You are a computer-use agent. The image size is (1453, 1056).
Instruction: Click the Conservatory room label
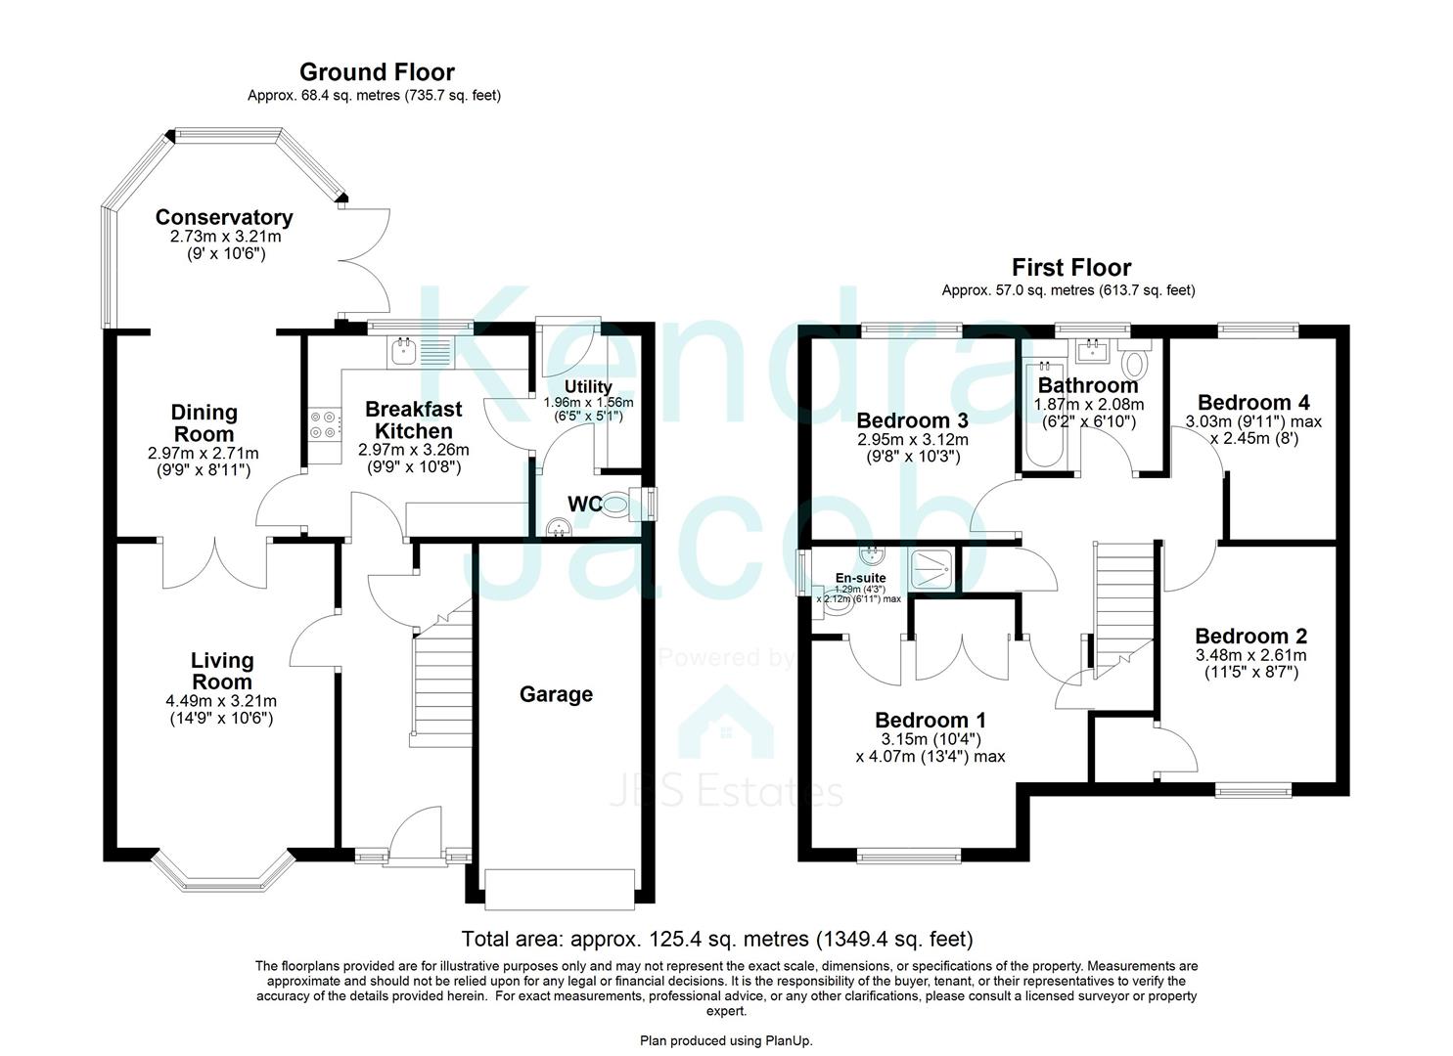pyautogui.click(x=223, y=217)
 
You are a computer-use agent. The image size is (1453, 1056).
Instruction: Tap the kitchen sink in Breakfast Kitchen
pyautogui.click(x=420, y=350)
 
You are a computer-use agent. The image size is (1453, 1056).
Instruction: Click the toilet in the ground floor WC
pyautogui.click(x=616, y=505)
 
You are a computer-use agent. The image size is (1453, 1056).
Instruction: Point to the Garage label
pyautogui.click(x=556, y=694)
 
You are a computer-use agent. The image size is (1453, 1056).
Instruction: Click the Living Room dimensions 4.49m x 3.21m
pyautogui.click(x=221, y=701)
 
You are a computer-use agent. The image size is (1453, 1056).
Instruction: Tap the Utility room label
pyautogui.click(x=588, y=387)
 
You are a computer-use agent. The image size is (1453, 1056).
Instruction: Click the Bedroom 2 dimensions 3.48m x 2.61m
pyautogui.click(x=1250, y=655)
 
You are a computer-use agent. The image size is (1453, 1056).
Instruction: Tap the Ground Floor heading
pyautogui.click(x=377, y=72)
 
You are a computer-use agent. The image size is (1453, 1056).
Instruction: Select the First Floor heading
pyautogui.click(x=1070, y=267)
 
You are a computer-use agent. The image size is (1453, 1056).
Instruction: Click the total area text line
pyautogui.click(x=716, y=940)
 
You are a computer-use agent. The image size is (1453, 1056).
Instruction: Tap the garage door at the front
pyautogui.click(x=563, y=887)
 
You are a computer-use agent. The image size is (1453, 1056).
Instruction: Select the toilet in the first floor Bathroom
pyautogui.click(x=1136, y=363)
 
